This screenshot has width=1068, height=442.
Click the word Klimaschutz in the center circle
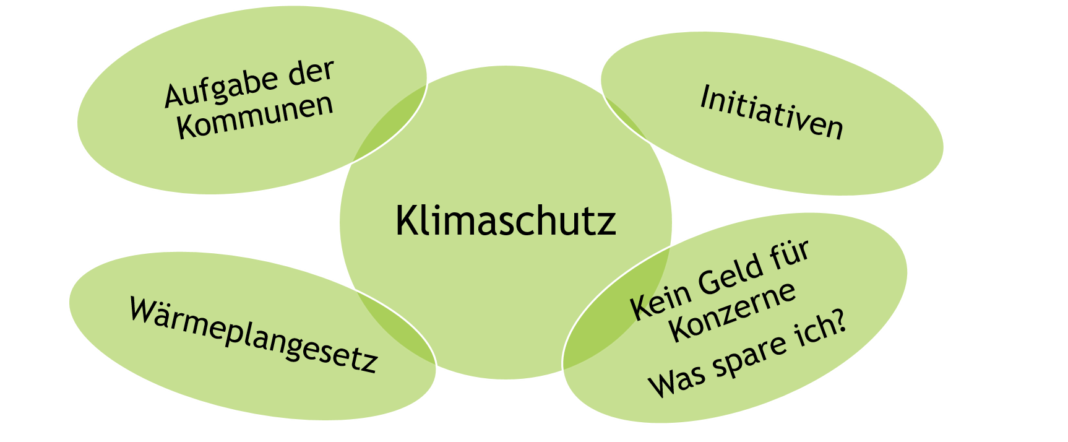pyautogui.click(x=506, y=220)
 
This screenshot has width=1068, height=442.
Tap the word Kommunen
pyautogui.click(x=255, y=116)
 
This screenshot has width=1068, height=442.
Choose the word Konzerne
pyautogui.click(x=733, y=311)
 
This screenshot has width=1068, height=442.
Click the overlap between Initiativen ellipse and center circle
pyautogui.click(x=622, y=118)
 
